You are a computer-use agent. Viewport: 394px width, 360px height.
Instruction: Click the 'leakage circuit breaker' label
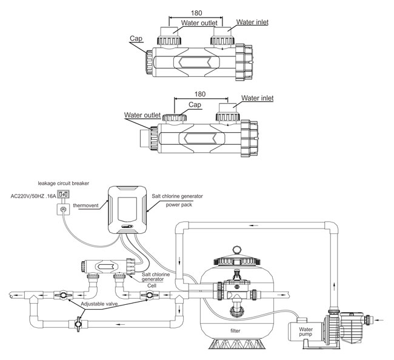[x=63, y=184]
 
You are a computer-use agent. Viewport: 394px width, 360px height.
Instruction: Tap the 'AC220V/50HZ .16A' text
[x=33, y=196]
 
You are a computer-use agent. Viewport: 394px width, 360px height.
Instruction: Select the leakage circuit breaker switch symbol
[x=63, y=194]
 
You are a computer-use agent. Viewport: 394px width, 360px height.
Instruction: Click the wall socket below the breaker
[x=63, y=209]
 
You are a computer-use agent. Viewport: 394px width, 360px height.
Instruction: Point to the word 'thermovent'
[x=85, y=205]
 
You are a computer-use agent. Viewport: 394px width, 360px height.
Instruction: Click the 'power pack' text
[x=179, y=205]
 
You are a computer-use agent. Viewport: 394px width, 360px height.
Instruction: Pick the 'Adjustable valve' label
[x=99, y=304]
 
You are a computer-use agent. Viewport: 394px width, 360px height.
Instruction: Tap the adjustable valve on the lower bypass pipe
[x=78, y=324]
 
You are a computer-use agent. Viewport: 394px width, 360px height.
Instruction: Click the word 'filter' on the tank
[x=235, y=331]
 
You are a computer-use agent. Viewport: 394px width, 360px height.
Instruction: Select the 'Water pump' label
[x=306, y=332]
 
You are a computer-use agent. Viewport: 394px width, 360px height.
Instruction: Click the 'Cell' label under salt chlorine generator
[x=152, y=286]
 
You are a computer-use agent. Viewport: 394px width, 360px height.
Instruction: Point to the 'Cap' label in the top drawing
[x=136, y=38]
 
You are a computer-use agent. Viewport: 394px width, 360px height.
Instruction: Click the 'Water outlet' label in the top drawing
[x=199, y=23]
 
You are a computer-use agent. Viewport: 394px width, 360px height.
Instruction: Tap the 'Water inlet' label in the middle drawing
[x=257, y=98]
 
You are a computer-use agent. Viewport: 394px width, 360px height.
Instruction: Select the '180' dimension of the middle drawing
[x=200, y=94]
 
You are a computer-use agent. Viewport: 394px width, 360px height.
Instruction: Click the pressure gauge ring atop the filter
[x=236, y=250]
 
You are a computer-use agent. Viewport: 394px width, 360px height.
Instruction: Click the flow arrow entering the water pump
[x=379, y=320]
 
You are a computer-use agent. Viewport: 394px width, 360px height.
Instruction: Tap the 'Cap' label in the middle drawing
[x=195, y=105]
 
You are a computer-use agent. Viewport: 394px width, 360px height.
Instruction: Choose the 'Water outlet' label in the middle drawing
[x=142, y=115]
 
